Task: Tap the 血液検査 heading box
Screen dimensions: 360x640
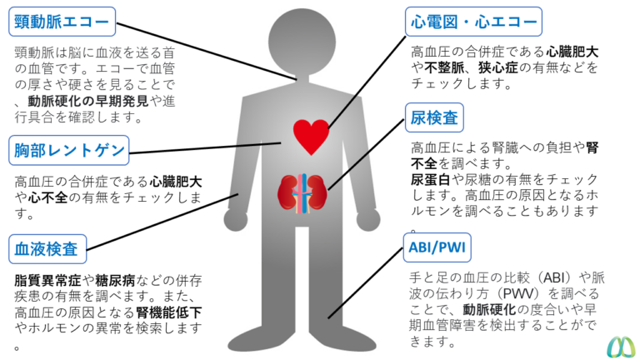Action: tap(48, 248)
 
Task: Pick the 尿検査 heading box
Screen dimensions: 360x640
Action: tap(434, 117)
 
